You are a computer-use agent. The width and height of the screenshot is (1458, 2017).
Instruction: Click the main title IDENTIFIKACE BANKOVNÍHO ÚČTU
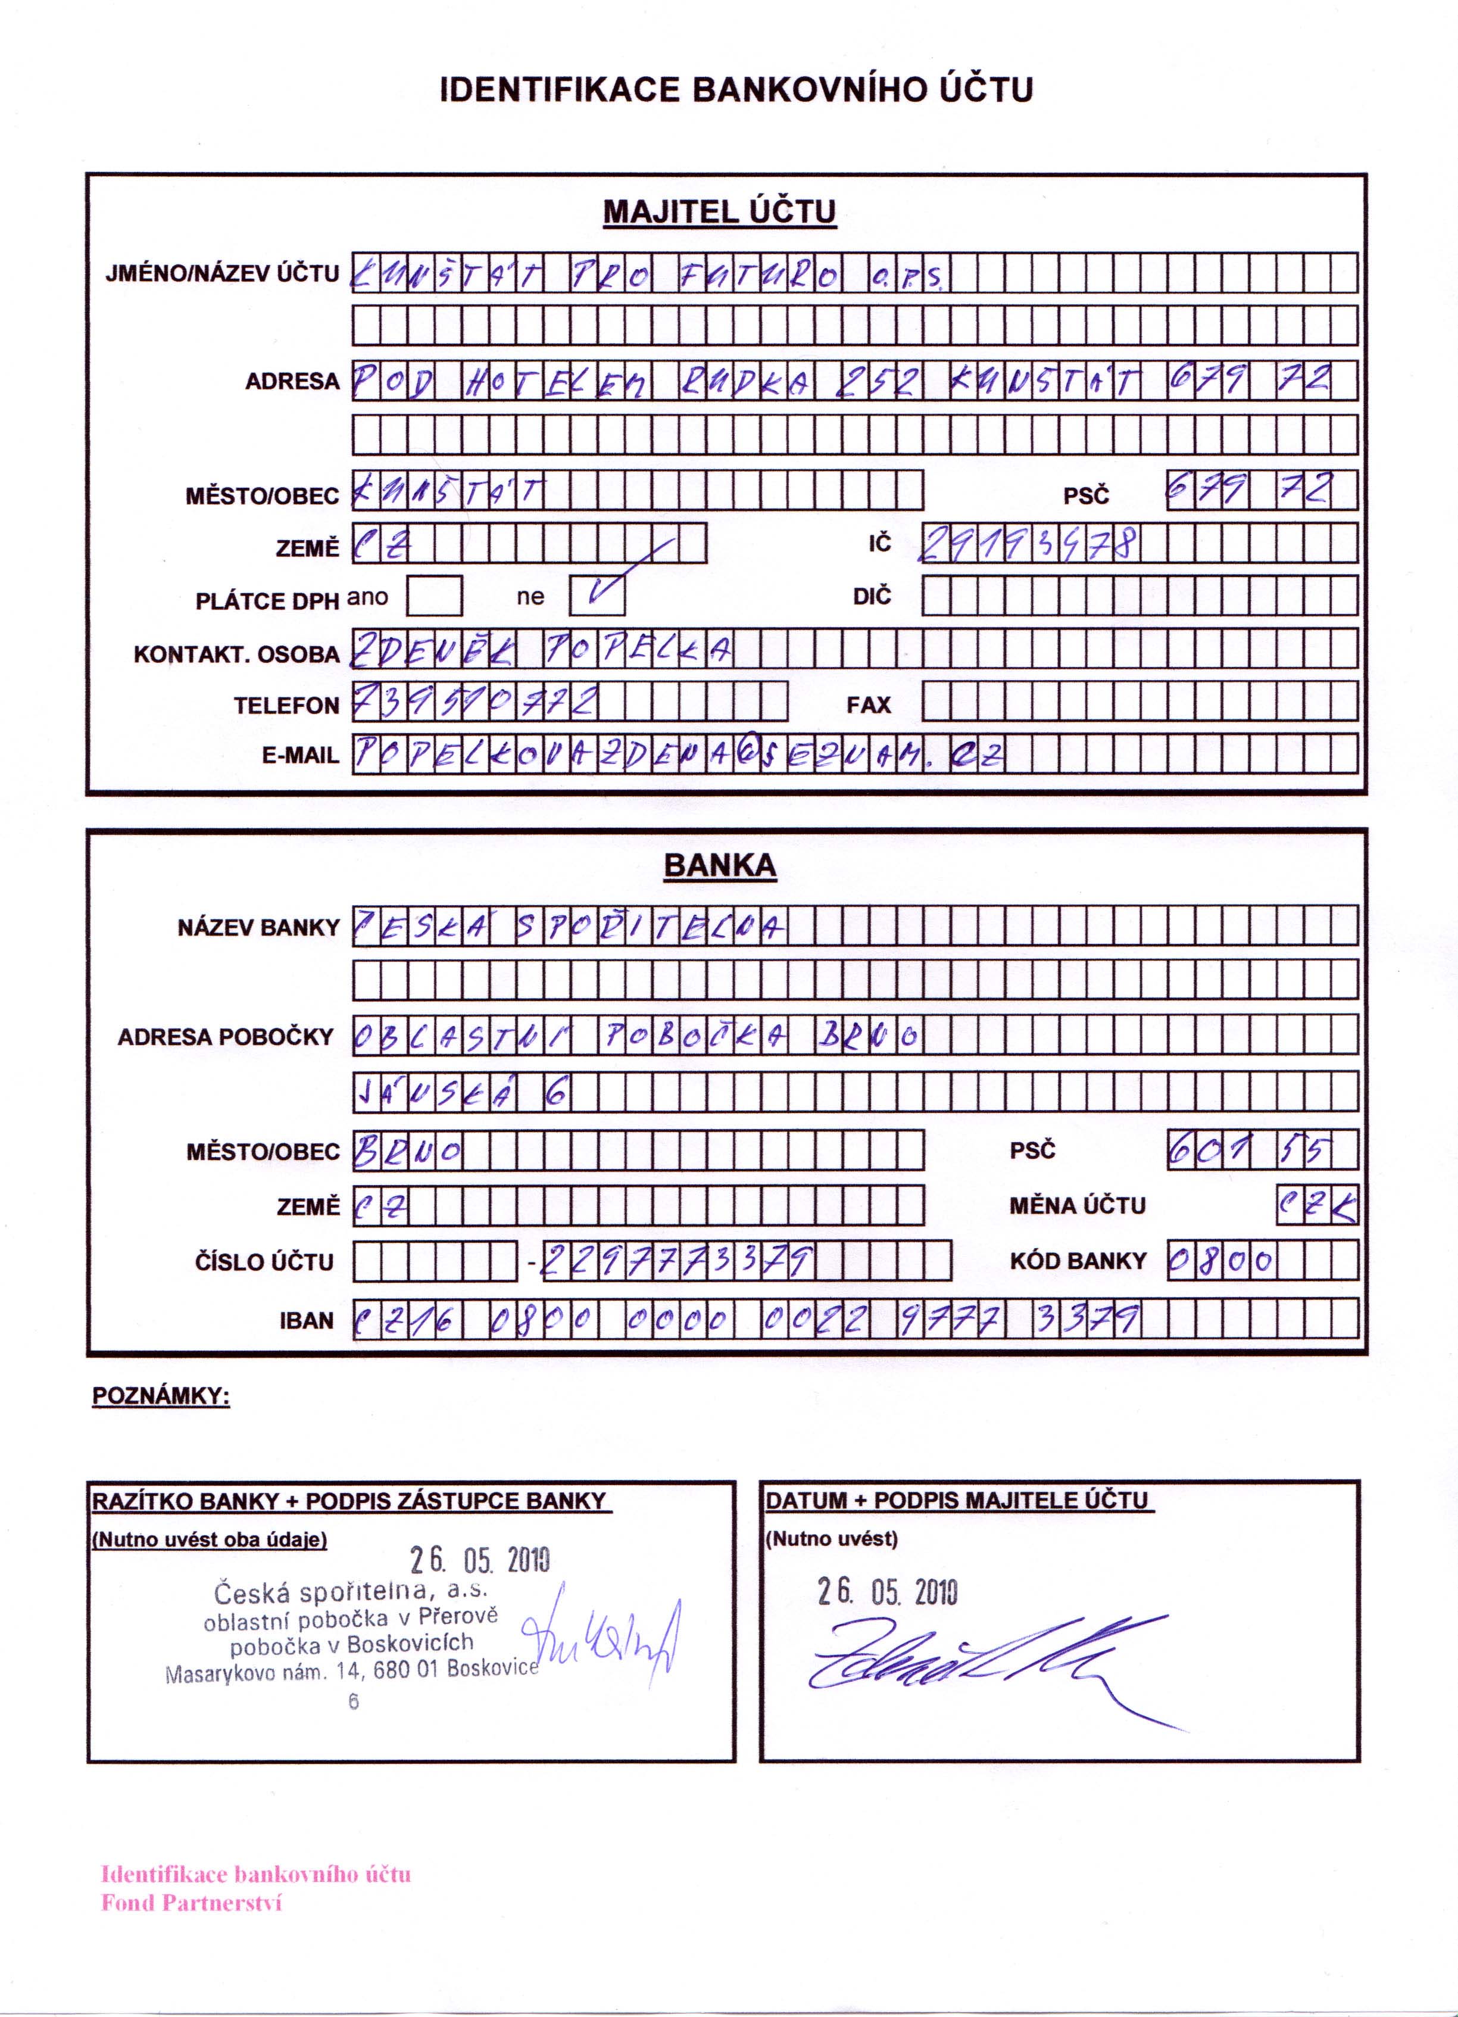[736, 90]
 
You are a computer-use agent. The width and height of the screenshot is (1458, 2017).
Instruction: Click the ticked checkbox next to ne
[597, 596]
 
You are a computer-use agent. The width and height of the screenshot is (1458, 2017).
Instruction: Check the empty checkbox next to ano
[434, 596]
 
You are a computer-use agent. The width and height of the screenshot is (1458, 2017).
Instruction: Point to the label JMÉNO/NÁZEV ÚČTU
[222, 273]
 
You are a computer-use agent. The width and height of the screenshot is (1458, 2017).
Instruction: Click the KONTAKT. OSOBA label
[236, 654]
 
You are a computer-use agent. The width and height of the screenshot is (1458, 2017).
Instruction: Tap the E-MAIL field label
[301, 756]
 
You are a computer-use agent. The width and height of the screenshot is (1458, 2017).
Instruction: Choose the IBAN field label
[306, 1321]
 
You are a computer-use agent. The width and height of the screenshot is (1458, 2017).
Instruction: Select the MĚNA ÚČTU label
[1078, 1206]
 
